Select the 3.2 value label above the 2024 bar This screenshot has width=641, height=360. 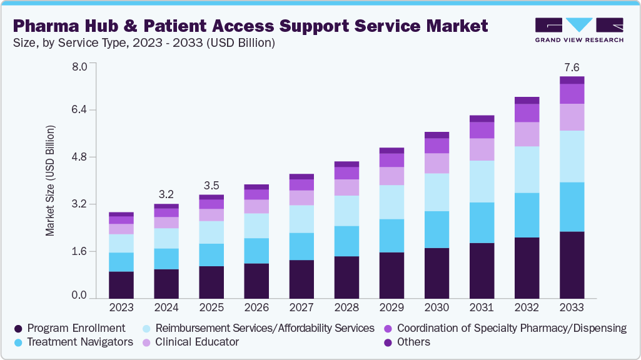[166, 194]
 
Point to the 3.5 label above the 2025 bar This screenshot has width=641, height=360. [211, 186]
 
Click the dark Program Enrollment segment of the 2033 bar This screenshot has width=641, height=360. [572, 264]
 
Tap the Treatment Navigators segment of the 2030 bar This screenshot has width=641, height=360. [437, 229]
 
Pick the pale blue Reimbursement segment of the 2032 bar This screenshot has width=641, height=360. [527, 169]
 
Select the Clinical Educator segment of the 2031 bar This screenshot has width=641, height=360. [482, 149]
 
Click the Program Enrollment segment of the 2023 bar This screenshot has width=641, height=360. [121, 284]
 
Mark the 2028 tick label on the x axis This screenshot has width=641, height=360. [346, 307]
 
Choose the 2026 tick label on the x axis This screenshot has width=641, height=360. [256, 307]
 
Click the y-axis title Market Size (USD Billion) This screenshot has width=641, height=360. [50, 181]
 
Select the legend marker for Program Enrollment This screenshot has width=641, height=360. [18, 328]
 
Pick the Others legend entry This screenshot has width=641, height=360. [413, 342]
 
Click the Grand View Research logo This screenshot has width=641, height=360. [579, 30]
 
